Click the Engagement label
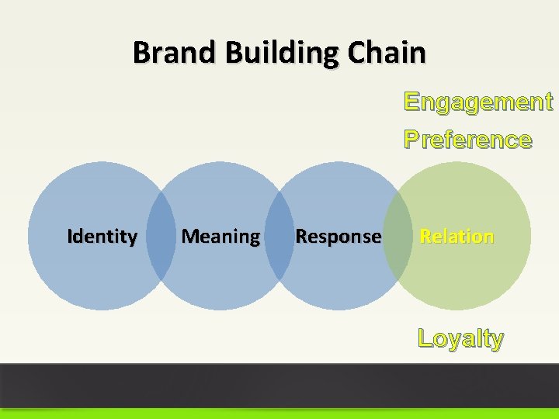(x=478, y=102)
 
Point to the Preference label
(x=467, y=140)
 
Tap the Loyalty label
(x=460, y=338)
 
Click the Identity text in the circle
(x=102, y=236)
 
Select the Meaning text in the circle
(x=220, y=236)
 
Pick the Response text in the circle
(x=339, y=236)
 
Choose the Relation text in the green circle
(x=457, y=236)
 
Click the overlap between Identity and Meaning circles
(x=161, y=236)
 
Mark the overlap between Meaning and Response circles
(x=279, y=236)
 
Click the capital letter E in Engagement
(x=411, y=101)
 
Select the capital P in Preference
(x=411, y=140)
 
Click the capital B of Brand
(x=141, y=53)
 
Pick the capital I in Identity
(x=71, y=236)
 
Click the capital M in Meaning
(x=189, y=236)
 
